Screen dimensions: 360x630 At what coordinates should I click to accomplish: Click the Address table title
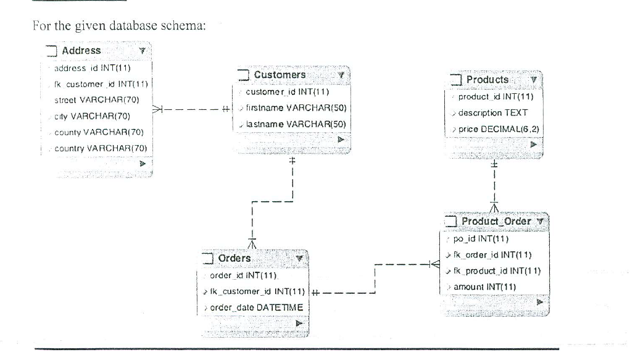point(81,51)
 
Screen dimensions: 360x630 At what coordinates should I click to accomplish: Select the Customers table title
point(280,75)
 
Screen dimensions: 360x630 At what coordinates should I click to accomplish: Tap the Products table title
point(487,80)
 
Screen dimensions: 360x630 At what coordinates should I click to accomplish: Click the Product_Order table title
point(496,221)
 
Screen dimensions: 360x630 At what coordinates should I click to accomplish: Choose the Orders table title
point(234,258)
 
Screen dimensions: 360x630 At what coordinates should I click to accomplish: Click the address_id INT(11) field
point(90,67)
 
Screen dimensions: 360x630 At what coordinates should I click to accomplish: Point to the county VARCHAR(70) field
point(99,132)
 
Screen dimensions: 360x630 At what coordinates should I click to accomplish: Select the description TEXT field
point(492,112)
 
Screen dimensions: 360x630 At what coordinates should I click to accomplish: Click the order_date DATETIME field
point(252,308)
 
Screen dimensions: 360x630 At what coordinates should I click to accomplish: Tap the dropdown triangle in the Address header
point(141,51)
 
